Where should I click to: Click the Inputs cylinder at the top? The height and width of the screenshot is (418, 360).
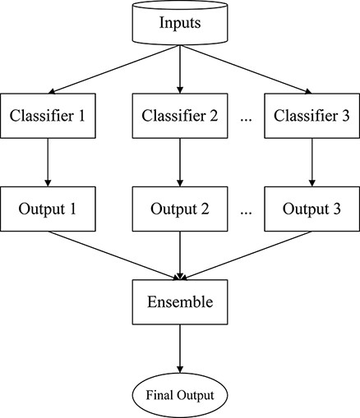pos(180,22)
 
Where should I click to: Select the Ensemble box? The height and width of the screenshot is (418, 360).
pos(180,301)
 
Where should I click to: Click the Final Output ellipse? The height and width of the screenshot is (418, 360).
pos(180,395)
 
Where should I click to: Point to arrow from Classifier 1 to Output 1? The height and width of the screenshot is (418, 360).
pos(47,161)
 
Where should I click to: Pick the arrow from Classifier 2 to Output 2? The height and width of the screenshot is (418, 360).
pos(180,161)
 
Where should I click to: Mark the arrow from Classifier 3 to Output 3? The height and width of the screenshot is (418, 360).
pos(312,161)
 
